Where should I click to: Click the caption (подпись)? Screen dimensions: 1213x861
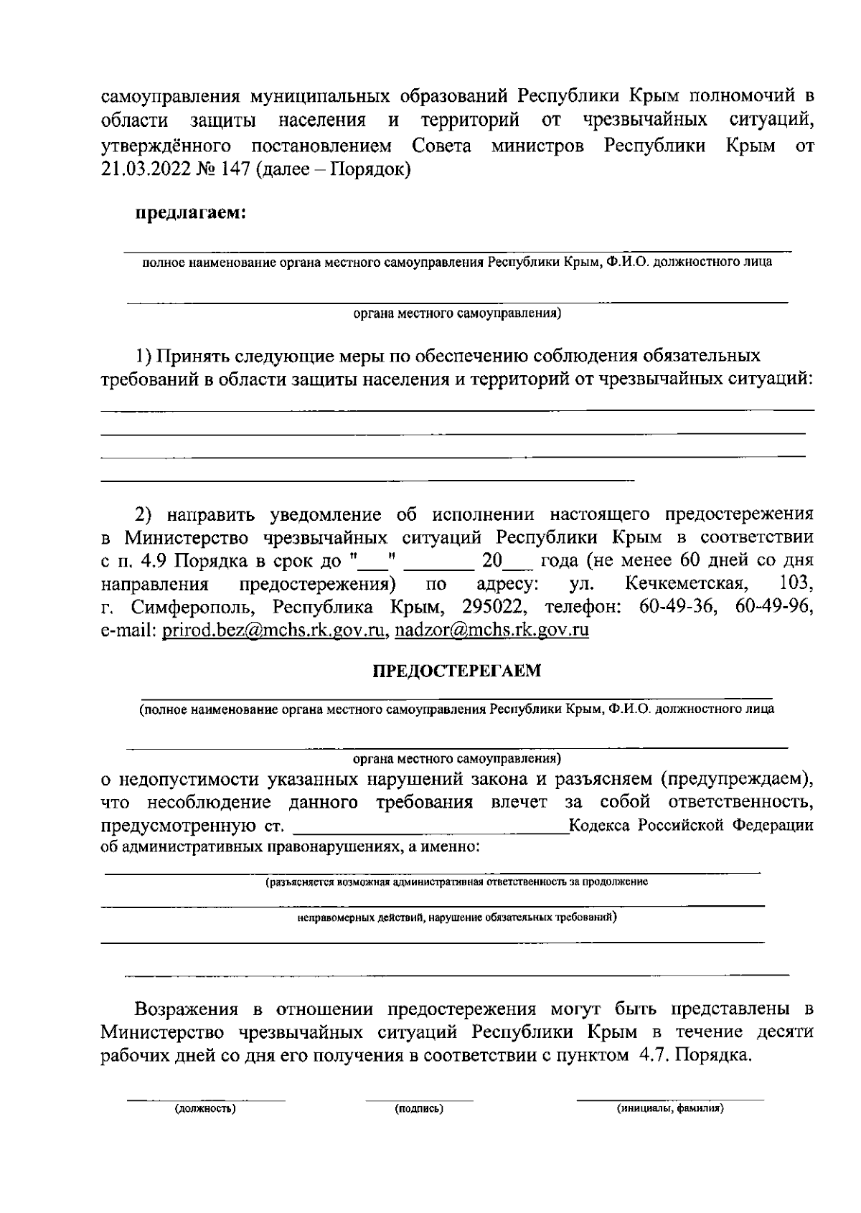point(419,1109)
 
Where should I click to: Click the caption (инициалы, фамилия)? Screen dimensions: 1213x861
point(671,1109)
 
